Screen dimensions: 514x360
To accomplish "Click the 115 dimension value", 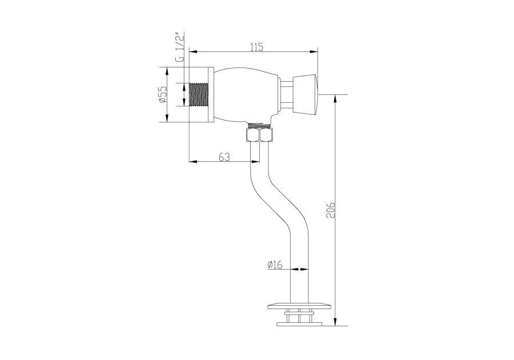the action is point(256,47).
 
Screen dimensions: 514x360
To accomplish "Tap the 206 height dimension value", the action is point(331,210).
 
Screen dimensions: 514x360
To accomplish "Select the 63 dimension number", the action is point(224,157).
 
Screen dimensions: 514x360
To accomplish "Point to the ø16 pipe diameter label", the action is point(275,265).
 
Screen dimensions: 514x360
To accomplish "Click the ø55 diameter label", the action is point(163,94).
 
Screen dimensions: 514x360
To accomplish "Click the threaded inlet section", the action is point(199,95).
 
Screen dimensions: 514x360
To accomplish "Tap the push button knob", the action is point(305,95).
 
